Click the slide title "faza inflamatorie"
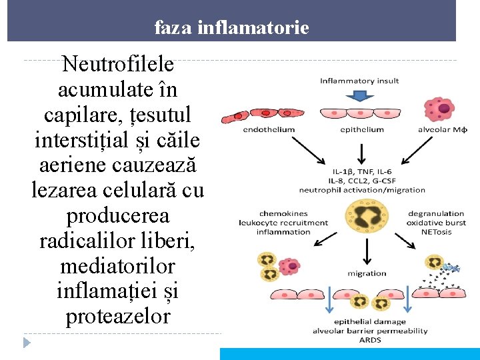point(231,28)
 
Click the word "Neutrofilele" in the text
point(118,65)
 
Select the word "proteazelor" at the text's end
point(118,317)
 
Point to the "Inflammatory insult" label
point(359,81)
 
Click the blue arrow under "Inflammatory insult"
point(359,96)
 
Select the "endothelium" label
point(269,130)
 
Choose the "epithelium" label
point(362,130)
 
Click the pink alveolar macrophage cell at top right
point(439,108)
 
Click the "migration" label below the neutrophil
point(366,273)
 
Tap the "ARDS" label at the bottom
point(370,339)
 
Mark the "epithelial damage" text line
point(370,322)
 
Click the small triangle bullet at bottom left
point(27,343)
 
